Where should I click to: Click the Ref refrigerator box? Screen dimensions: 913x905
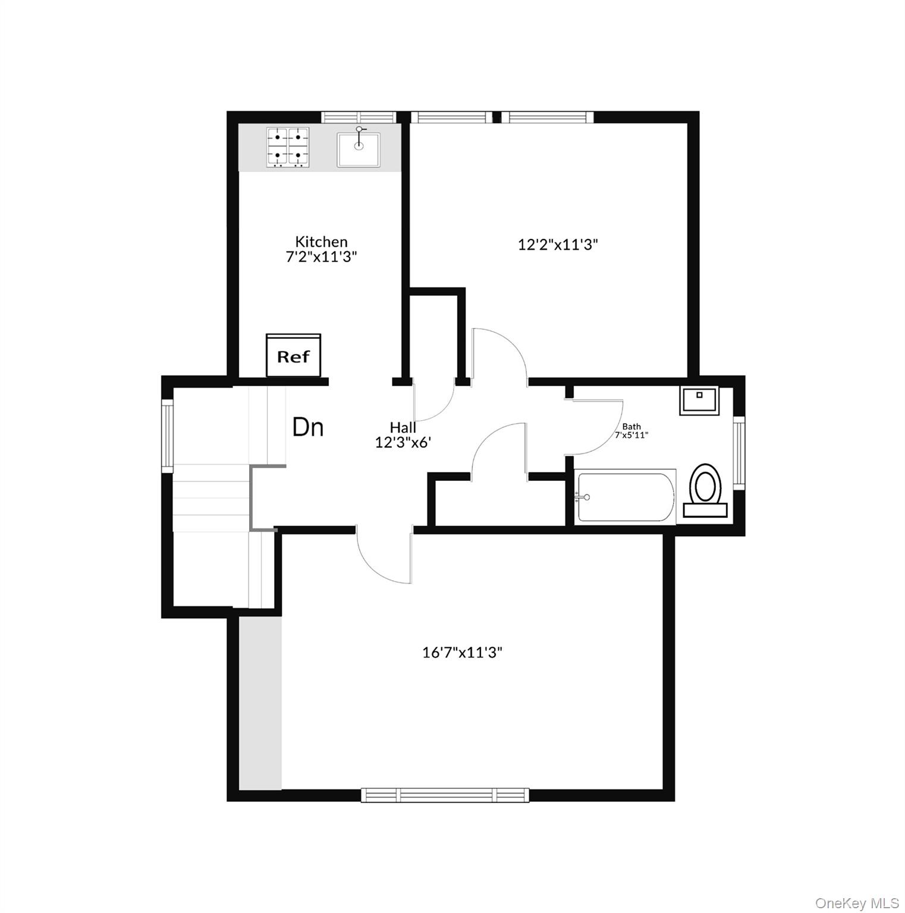tap(293, 355)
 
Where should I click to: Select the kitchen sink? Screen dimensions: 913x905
tap(359, 149)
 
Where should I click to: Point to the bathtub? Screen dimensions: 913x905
tap(626, 497)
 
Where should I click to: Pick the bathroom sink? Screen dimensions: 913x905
tap(699, 400)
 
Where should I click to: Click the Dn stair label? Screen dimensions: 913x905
tap(308, 427)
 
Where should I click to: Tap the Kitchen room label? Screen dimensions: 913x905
tap(321, 241)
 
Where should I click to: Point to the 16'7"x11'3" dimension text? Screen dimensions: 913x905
tap(462, 652)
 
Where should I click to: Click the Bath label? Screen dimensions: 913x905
tap(631, 426)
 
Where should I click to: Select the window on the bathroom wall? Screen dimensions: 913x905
tap(739, 452)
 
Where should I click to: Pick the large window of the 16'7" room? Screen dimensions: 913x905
tap(445, 795)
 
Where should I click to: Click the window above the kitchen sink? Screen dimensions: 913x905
tap(359, 117)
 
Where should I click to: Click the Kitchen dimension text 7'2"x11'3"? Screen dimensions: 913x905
tap(321, 257)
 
